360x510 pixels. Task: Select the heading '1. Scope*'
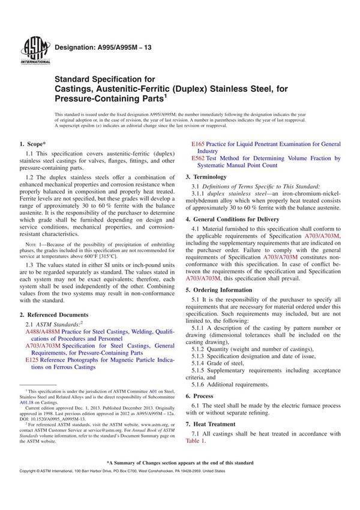[34, 144]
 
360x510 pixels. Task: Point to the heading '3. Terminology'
[206, 178]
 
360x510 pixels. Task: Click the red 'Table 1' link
[196, 441]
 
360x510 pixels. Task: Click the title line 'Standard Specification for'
[105, 79]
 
